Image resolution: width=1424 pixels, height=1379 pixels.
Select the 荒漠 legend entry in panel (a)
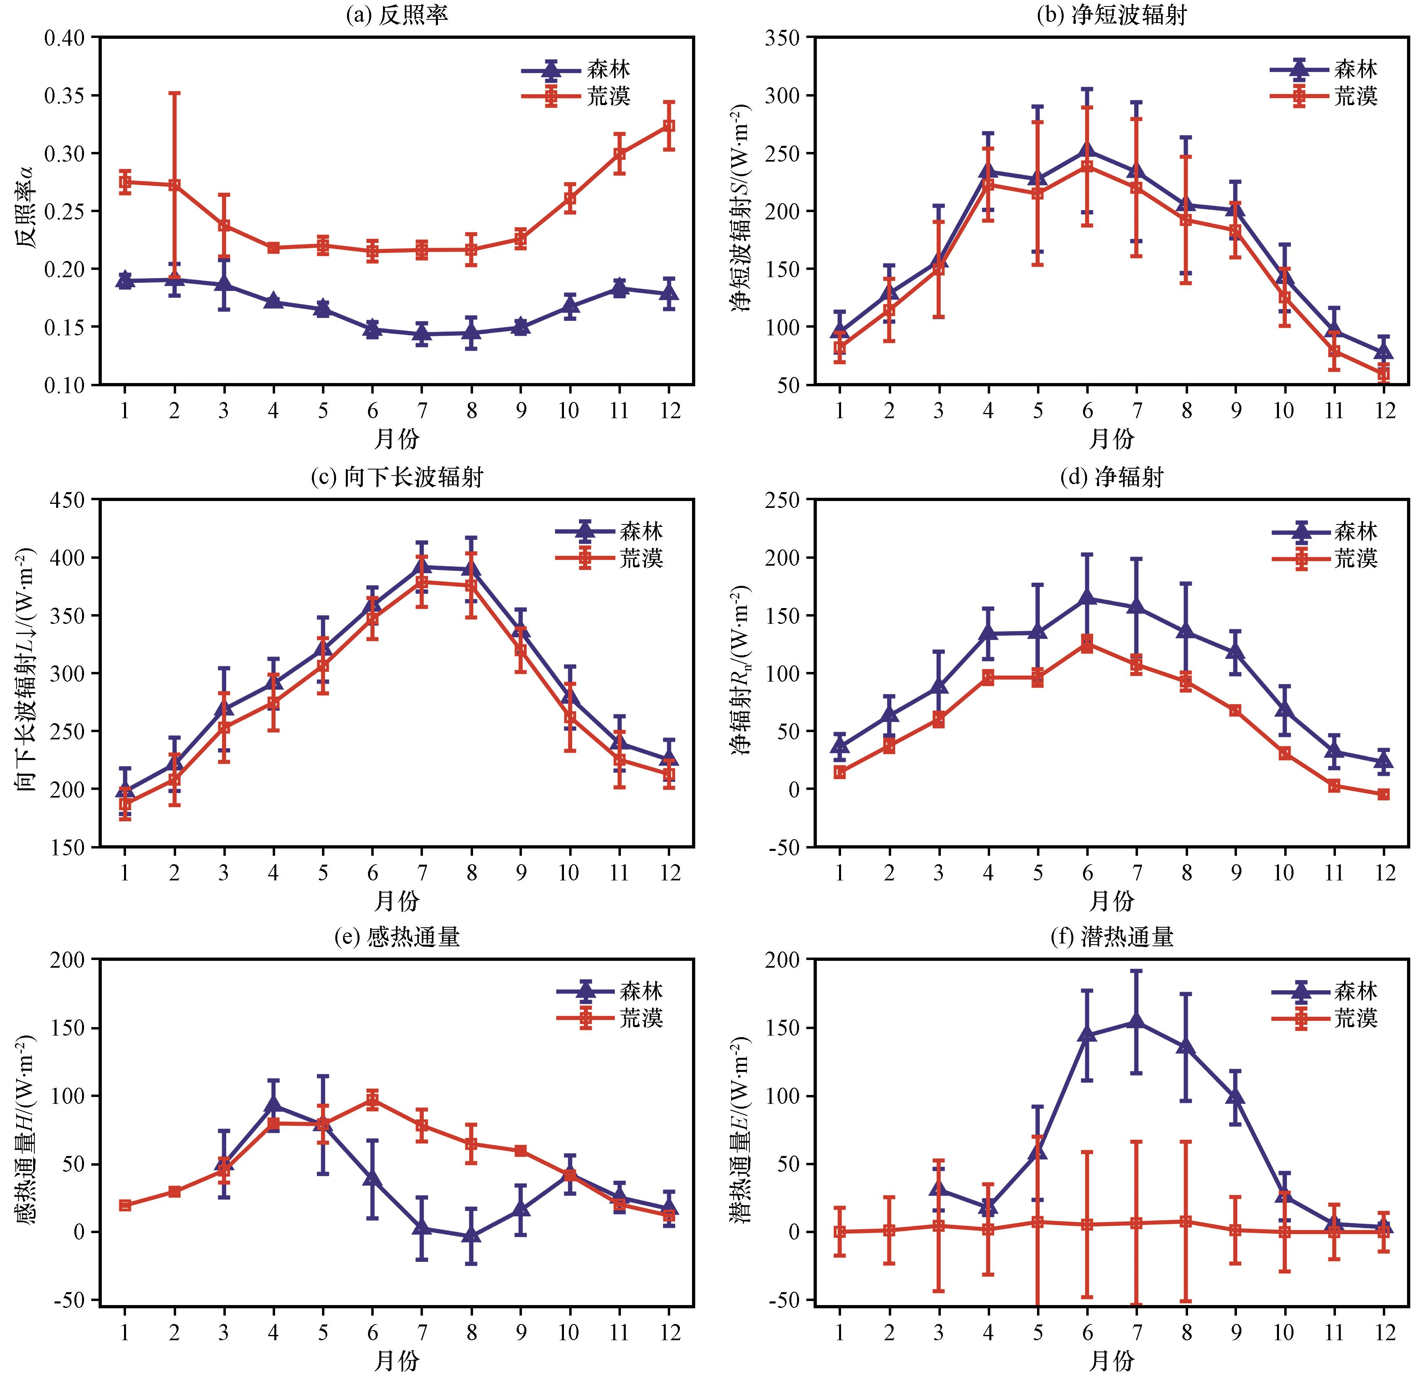pos(576,97)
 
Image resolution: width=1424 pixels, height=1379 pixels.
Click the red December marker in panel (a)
pos(669,126)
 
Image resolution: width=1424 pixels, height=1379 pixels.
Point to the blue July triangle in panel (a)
pos(421,334)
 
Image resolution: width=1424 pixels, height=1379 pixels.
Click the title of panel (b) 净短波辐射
pos(1112,15)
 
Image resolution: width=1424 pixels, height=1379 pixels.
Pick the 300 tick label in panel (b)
pos(782,95)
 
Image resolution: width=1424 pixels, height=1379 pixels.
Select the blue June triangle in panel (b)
pos(1087,149)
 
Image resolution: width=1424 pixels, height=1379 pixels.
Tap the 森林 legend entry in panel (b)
pos(1324,70)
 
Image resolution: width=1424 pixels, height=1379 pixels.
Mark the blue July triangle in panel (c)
pos(421,567)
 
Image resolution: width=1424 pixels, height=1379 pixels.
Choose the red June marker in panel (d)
pos(1087,644)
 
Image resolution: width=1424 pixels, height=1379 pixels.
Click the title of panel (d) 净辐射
pos(1112,477)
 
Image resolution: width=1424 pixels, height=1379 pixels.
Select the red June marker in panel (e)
pos(372,1099)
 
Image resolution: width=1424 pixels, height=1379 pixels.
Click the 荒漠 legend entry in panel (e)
pos(610,1019)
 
